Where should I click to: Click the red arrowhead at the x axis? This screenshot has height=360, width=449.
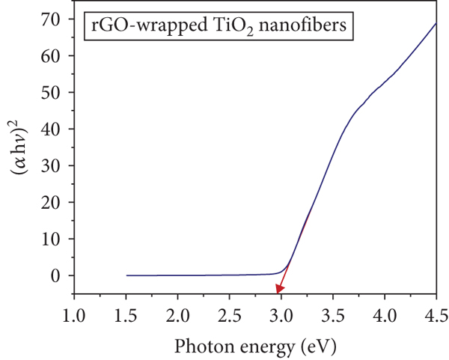(x=279, y=289)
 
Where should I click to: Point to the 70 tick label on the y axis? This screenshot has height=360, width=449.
(x=51, y=19)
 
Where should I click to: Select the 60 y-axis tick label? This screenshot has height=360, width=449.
(x=51, y=55)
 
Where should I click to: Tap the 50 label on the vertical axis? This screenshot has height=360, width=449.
(x=51, y=92)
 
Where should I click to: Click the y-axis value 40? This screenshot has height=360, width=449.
(x=51, y=129)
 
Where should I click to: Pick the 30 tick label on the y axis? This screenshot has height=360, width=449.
(x=51, y=165)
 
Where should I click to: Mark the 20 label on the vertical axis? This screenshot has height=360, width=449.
(x=51, y=202)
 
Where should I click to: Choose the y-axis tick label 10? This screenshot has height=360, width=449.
(x=51, y=239)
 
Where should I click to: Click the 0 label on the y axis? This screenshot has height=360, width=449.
(x=56, y=275)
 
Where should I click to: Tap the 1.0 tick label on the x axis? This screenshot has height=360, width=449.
(x=74, y=316)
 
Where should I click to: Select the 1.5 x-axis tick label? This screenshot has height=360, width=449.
(x=126, y=316)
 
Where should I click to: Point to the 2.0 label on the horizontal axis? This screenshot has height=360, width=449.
(x=178, y=316)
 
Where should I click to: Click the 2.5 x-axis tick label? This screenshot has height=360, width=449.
(x=230, y=316)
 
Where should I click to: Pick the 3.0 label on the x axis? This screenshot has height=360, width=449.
(x=281, y=316)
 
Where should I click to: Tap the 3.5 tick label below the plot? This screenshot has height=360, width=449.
(x=333, y=316)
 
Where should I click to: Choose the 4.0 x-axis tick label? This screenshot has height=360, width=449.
(x=385, y=316)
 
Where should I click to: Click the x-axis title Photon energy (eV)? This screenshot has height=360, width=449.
(x=255, y=347)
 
